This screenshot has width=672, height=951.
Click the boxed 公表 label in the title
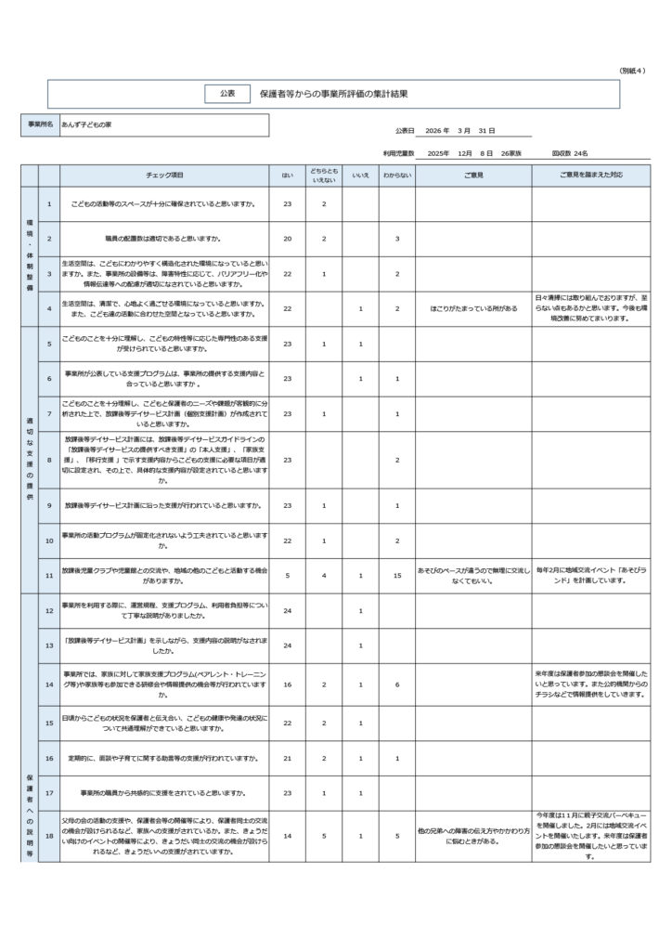227,94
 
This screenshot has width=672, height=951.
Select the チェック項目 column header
165,175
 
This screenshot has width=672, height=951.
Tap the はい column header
287,175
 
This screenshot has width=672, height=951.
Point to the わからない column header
396,175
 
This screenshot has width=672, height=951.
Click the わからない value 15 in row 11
396,576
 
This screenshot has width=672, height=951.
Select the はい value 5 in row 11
287,576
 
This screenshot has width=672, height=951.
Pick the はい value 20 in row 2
287,239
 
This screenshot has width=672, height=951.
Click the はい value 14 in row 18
287,837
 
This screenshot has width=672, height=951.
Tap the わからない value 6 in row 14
396,684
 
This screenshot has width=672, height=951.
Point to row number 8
49,460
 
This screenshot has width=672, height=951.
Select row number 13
49,645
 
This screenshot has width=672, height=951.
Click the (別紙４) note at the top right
634,71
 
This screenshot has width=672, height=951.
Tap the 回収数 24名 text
570,152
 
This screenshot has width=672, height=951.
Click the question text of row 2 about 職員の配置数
165,239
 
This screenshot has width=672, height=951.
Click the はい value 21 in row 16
287,758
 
